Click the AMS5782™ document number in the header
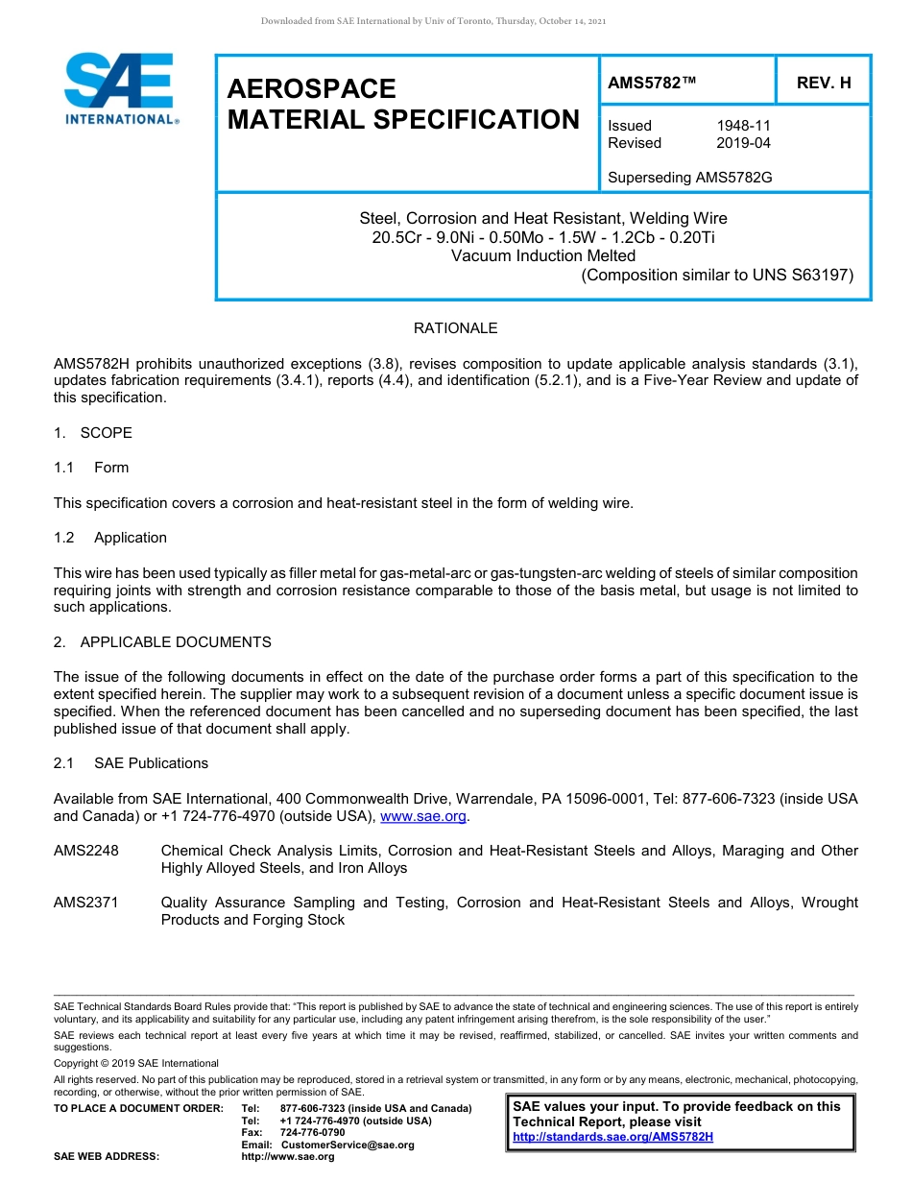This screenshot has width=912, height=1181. coord(652,84)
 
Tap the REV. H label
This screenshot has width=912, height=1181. coord(823,84)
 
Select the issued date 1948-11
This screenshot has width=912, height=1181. coord(743,126)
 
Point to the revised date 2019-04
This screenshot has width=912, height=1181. coord(743,143)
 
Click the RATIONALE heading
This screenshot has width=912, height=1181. coord(455,328)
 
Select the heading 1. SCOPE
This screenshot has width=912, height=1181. coord(93,433)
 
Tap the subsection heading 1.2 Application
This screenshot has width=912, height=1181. coord(111,538)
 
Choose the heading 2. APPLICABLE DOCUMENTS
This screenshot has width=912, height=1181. coord(162,642)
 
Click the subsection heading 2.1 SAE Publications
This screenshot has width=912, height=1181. coord(132,763)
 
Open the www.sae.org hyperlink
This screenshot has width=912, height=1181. coord(423,817)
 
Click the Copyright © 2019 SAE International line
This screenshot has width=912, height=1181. coord(136,1063)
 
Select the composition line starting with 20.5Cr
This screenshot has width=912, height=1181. coord(543,237)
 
